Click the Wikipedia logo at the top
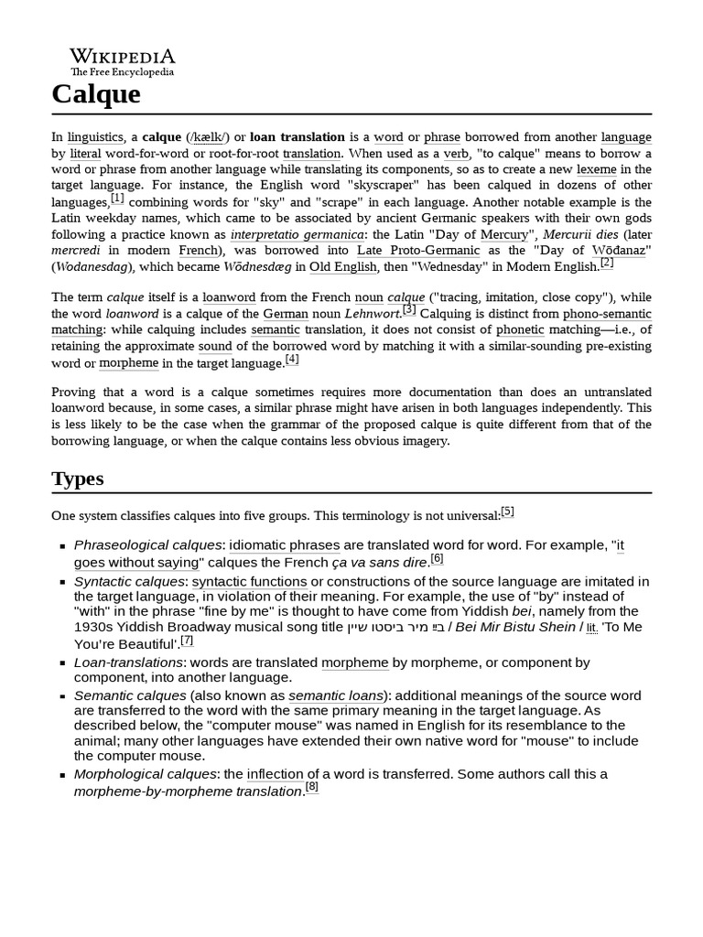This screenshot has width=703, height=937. point(123,61)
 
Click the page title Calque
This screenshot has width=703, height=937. point(96,94)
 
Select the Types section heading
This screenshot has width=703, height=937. point(78,479)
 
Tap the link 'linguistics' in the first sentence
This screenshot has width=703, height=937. point(95,137)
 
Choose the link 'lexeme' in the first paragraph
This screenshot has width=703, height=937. point(596,169)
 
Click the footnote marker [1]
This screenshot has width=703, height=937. point(117,198)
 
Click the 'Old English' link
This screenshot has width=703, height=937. point(343,267)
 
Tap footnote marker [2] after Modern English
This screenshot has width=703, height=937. point(607,264)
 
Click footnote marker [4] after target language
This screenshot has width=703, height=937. point(292,360)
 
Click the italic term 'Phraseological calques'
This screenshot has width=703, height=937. point(147,545)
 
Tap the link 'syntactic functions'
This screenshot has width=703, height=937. point(249,582)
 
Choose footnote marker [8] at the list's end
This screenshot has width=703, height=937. point(312,787)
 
